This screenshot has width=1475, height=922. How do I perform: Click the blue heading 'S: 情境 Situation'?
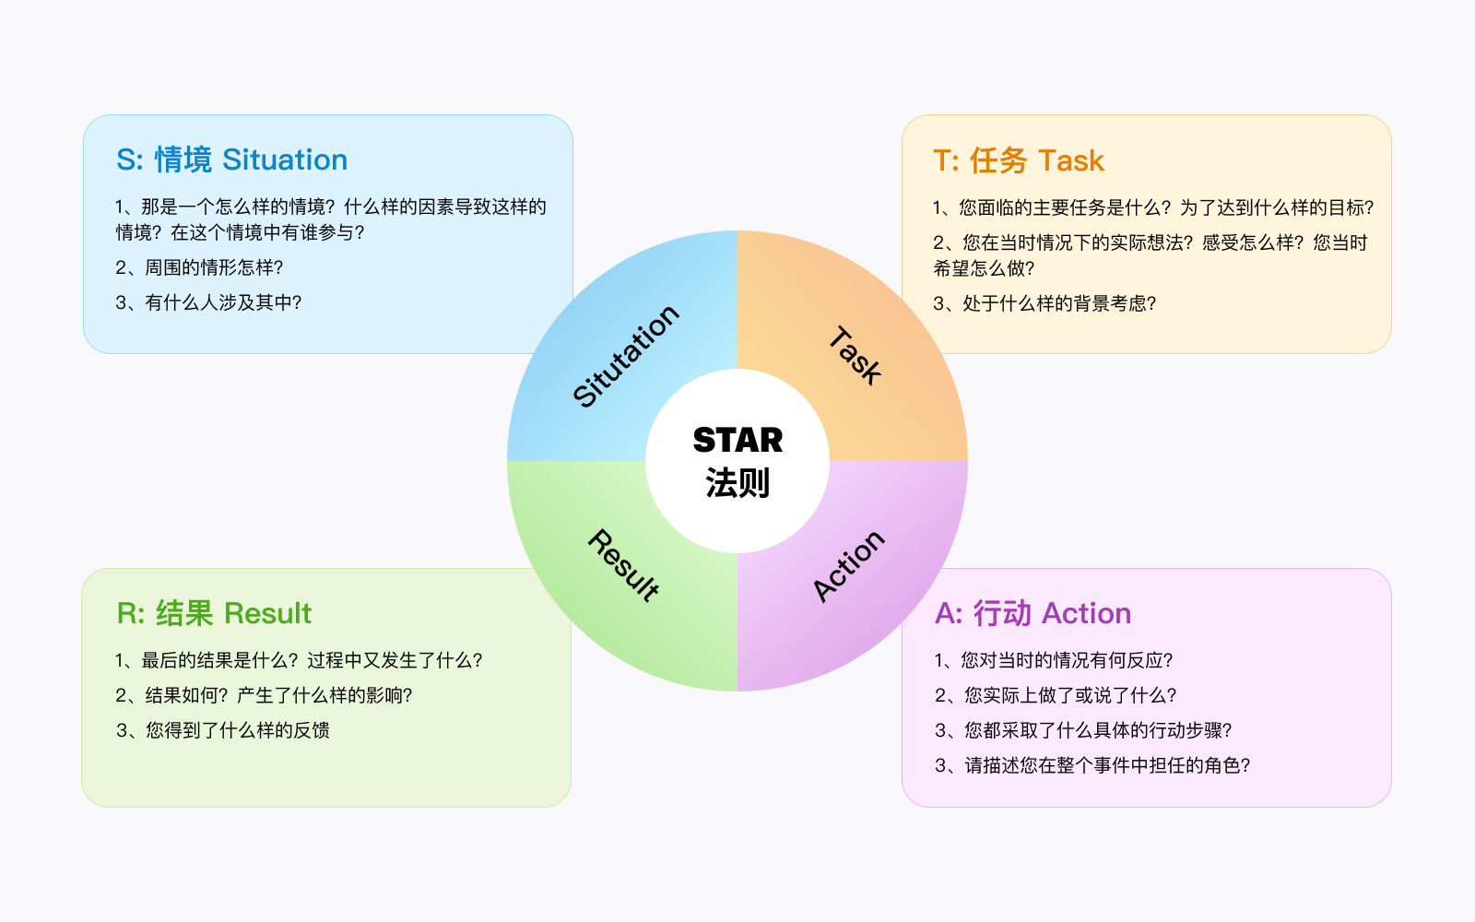[231, 160]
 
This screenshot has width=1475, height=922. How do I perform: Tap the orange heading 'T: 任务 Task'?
[1019, 160]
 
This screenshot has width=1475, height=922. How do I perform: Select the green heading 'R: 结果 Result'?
[214, 613]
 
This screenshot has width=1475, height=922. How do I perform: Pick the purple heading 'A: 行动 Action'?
[1033, 613]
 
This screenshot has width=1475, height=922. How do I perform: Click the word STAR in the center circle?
[738, 440]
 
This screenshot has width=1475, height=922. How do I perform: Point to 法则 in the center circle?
[737, 483]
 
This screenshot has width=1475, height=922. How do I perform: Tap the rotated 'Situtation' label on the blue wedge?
[626, 356]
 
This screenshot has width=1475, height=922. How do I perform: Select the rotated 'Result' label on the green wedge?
[623, 565]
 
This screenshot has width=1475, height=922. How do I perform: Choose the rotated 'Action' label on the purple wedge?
[848, 566]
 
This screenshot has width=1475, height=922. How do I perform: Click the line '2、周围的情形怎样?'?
[199, 267]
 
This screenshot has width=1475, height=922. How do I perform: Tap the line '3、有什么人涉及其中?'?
[208, 302]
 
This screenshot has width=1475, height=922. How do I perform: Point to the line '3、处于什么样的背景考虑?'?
[1045, 303]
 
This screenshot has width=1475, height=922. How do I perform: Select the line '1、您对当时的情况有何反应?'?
[1054, 660]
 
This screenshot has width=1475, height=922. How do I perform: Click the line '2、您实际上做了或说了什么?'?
[1056, 695]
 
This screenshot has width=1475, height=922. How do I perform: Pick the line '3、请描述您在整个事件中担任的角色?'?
[1092, 764]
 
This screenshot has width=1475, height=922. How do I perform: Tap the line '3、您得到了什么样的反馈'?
[222, 729]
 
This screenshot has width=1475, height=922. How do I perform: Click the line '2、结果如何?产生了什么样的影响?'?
[264, 695]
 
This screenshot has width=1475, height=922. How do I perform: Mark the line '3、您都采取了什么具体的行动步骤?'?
[1083, 729]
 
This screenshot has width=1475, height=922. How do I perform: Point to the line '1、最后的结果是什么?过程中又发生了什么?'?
[299, 660]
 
